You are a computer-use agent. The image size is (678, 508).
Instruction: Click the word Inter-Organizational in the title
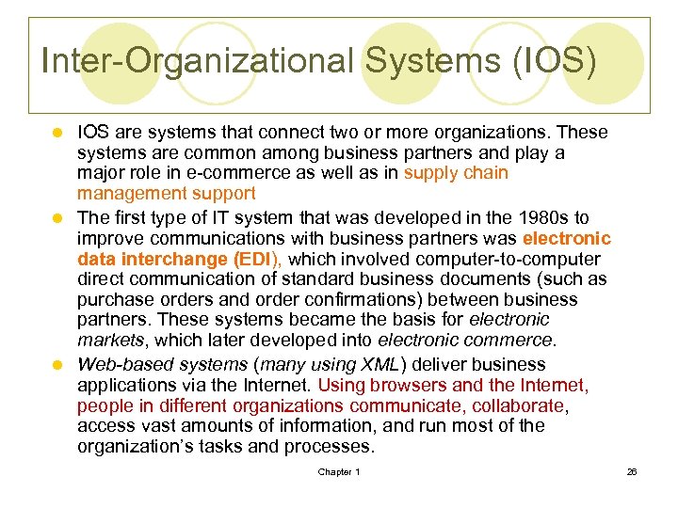point(198,63)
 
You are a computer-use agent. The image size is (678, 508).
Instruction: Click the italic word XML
point(329,364)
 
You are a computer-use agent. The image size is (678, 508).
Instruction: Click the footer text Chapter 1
point(338,472)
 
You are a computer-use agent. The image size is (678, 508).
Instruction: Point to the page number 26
point(632,472)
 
